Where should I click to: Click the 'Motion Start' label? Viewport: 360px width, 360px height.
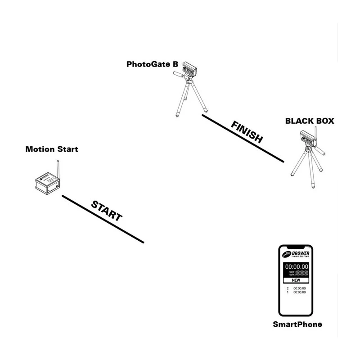[x=51, y=149]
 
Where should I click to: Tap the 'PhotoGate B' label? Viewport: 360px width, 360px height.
[x=152, y=64]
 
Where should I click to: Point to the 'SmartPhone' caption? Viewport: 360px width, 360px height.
[x=297, y=324]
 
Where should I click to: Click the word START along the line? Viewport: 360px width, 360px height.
[x=107, y=211]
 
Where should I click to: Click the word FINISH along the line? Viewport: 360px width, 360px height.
[x=247, y=132]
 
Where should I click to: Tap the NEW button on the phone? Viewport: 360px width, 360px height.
[x=296, y=279]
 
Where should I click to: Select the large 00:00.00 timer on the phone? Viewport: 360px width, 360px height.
[x=296, y=267]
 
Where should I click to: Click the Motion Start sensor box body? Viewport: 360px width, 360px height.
[x=47, y=184]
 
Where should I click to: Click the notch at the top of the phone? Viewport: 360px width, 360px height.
[x=296, y=247]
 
